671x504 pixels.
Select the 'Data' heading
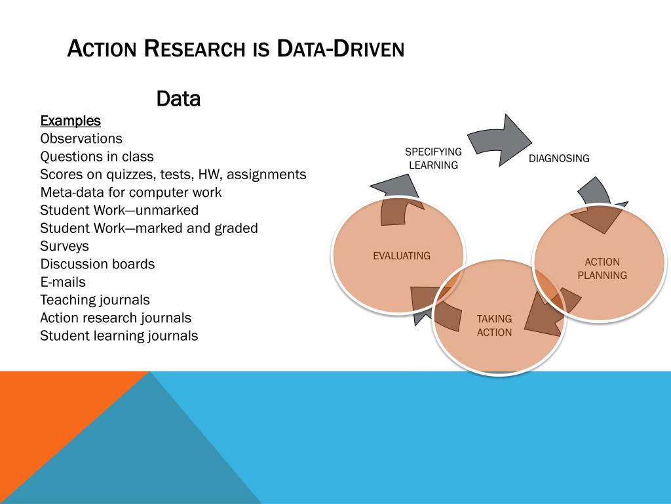pos(178,99)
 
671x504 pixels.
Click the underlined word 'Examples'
pos(71,121)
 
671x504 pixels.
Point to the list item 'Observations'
pos(81,138)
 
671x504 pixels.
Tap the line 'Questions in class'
pos(97,156)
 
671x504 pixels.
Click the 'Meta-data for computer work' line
pos(131,192)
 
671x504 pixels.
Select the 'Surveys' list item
pos(64,246)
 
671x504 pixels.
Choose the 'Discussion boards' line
pos(98,264)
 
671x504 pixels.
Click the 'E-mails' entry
pos(63,282)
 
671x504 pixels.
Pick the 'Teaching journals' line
pos(95,300)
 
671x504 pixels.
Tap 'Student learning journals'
pos(119,336)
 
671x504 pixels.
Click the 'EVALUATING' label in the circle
pos(402,256)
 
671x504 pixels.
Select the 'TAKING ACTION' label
pos(494,325)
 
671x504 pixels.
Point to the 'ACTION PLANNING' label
pos(602,268)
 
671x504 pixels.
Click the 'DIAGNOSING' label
pos(559,158)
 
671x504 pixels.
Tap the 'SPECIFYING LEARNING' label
pos(433,158)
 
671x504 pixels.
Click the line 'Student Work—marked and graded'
pos(149,228)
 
